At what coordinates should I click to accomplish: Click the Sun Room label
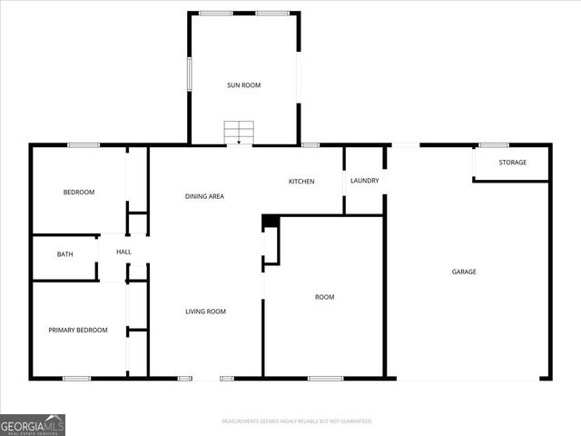pyautogui.click(x=243, y=85)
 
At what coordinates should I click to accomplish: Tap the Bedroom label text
pyautogui.click(x=79, y=193)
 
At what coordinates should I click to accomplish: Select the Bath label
pyautogui.click(x=65, y=254)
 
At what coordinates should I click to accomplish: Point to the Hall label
pyautogui.click(x=123, y=252)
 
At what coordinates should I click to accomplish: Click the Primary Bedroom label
pyautogui.click(x=78, y=331)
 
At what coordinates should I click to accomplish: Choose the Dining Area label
pyautogui.click(x=204, y=196)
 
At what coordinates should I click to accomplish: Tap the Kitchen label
pyautogui.click(x=301, y=182)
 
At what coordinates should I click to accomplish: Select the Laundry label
pyautogui.click(x=364, y=181)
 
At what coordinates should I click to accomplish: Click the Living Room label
pyautogui.click(x=205, y=312)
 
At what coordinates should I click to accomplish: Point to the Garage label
pyautogui.click(x=465, y=272)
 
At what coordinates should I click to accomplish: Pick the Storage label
pyautogui.click(x=513, y=163)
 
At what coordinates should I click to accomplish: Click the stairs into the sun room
pyautogui.click(x=239, y=133)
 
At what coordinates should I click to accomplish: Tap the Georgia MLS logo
pyautogui.click(x=33, y=424)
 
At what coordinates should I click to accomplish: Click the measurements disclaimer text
pyautogui.click(x=297, y=421)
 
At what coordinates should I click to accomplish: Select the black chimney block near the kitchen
pyautogui.click(x=270, y=221)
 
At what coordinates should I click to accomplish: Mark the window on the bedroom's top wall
pyautogui.click(x=84, y=144)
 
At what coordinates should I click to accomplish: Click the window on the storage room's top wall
pyautogui.click(x=494, y=144)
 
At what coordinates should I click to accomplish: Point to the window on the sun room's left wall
pyautogui.click(x=189, y=74)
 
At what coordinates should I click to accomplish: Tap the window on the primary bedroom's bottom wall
pyautogui.click(x=76, y=378)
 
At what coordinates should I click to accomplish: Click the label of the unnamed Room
pyautogui.click(x=324, y=297)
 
